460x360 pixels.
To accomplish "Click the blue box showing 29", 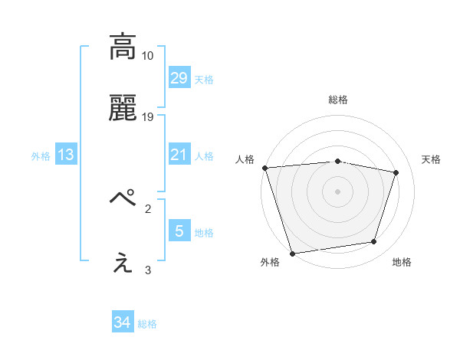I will pos(179,78).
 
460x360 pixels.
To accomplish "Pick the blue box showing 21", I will pos(179,155).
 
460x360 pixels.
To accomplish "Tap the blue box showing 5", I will pos(179,231).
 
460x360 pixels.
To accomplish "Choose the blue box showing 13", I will pos(66,155).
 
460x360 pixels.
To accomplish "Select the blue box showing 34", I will pos(123,323).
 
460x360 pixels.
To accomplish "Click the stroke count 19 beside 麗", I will pos(148,117).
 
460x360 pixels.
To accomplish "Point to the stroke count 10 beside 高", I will pos(148,56).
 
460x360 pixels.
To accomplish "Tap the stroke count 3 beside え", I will pos(148,270).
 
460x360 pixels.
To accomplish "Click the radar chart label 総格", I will pos(338,100).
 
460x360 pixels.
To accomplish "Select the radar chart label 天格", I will pos(431,159).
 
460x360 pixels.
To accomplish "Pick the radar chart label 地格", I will pos(402,263).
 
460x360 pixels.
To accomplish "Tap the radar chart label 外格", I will pos(270,263).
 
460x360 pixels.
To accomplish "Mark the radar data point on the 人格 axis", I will pos(264,168).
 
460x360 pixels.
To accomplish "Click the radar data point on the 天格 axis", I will pos(396,172).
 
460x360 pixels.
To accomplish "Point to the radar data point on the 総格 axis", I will pos(338,161).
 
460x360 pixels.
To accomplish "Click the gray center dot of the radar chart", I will pos(338,191).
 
